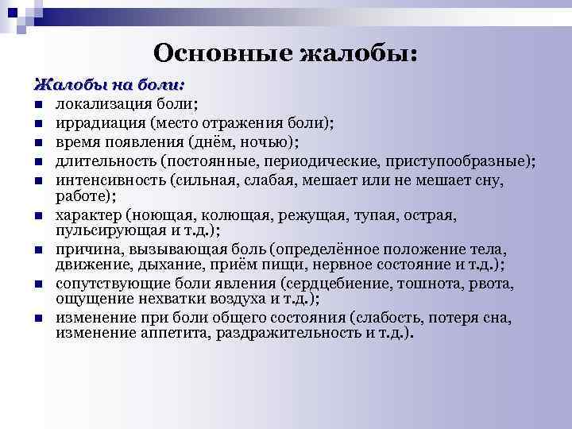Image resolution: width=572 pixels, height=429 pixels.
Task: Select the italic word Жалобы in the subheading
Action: [x=63, y=84]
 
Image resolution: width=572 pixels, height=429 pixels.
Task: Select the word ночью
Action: [x=272, y=142]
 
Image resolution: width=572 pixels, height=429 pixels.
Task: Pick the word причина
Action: [x=83, y=250]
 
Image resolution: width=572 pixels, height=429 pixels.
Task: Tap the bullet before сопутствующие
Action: [x=38, y=284]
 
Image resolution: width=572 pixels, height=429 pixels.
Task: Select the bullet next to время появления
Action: [x=38, y=143]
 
